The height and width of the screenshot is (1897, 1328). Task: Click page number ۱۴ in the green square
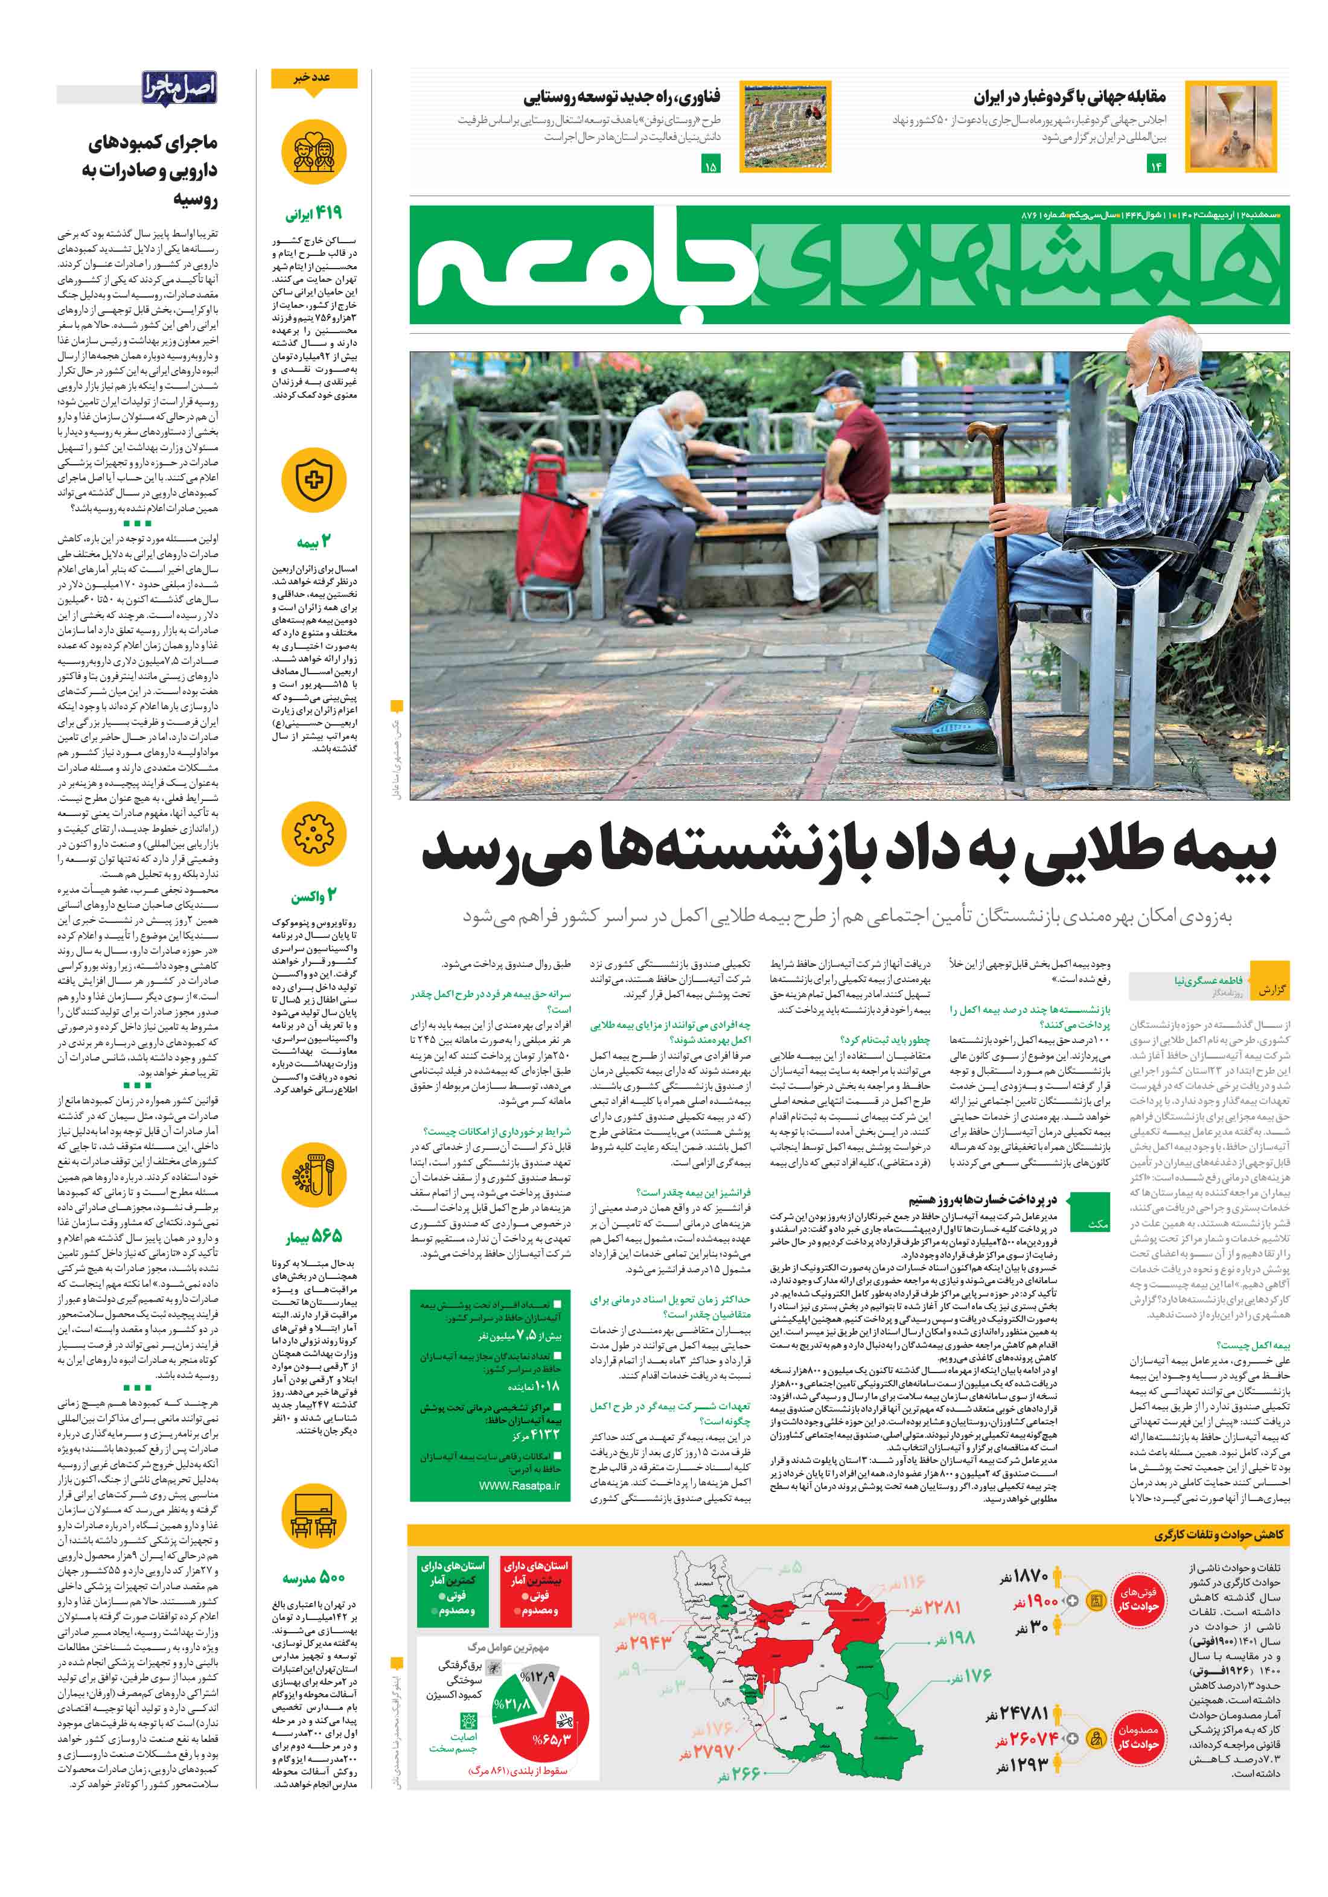pyautogui.click(x=1155, y=165)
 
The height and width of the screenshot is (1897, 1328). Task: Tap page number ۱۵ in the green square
pyautogui.click(x=710, y=165)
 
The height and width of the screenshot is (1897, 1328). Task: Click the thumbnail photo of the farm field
pyautogui.click(x=784, y=126)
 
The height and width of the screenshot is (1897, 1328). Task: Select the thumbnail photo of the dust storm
pyautogui.click(x=1229, y=126)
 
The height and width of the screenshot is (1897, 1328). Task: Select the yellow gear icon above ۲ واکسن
pyautogui.click(x=313, y=834)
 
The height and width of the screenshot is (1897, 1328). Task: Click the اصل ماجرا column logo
pyautogui.click(x=179, y=87)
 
